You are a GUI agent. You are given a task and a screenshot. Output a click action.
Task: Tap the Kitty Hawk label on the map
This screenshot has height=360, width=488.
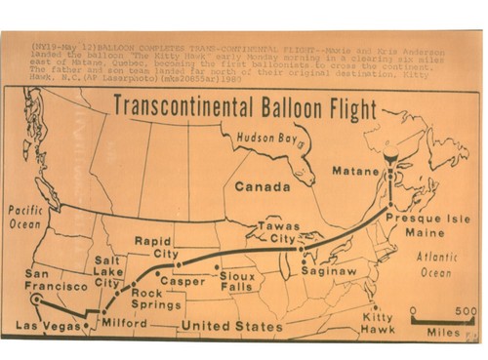(377, 323)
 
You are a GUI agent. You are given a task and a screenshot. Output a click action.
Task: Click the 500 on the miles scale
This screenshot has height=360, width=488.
(468, 311)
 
